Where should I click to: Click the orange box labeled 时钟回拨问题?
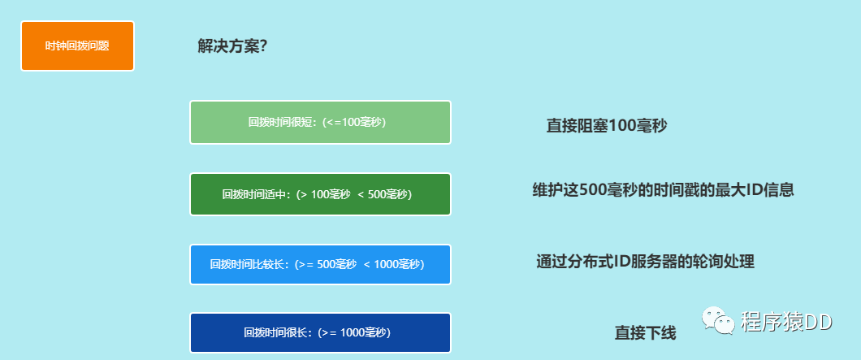[x=77, y=46]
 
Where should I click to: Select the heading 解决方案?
[x=232, y=46]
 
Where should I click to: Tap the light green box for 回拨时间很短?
[x=320, y=123]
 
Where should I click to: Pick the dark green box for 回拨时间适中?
[x=320, y=194]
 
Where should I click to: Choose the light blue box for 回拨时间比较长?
[x=320, y=265]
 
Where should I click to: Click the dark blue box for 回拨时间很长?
[x=320, y=332]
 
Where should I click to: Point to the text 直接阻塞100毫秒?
[x=607, y=126]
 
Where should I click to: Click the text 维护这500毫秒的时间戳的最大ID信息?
[x=663, y=190]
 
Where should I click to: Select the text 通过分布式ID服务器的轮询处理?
[x=646, y=262]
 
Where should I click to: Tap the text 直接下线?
[x=645, y=332]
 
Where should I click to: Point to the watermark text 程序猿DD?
[x=786, y=322]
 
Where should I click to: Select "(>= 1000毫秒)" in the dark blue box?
[x=354, y=332]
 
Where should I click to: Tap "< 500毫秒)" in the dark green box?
[x=385, y=194]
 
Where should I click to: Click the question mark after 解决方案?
[x=264, y=46]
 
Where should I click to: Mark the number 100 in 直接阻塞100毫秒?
[x=626, y=126]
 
